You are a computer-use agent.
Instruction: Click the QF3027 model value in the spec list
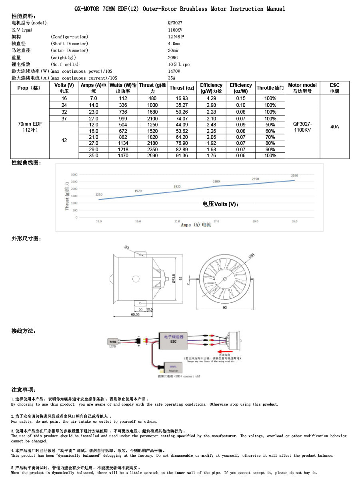(175, 23)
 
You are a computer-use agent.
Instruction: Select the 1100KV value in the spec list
(175, 30)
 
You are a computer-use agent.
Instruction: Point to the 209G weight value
(173, 57)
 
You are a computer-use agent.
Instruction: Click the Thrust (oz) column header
(182, 88)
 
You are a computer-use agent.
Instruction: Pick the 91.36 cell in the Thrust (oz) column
(182, 156)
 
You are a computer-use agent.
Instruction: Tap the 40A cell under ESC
(334, 127)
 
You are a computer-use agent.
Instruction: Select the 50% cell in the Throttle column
(270, 125)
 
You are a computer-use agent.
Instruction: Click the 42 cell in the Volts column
(64, 140)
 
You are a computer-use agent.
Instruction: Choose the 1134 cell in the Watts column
(123, 143)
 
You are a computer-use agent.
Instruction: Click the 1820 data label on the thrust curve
(177, 187)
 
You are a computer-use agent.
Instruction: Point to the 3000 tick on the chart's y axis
(74, 175)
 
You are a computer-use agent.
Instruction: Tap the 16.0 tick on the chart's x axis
(138, 221)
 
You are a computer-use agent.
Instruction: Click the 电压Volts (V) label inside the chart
(220, 204)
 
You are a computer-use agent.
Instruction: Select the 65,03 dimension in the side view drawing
(135, 315)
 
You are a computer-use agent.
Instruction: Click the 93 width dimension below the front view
(225, 307)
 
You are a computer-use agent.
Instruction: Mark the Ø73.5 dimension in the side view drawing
(174, 278)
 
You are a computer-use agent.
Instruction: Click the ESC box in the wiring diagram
(173, 339)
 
